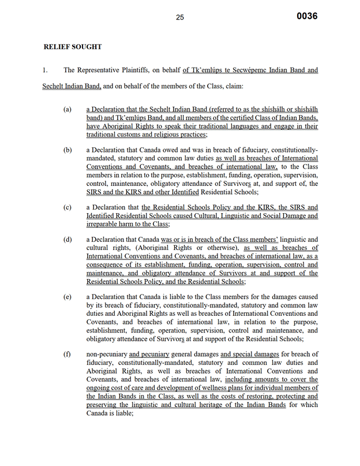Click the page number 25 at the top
pos(179,17)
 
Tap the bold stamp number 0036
pos(307,16)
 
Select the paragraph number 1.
pos(44,70)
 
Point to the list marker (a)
pos(68,109)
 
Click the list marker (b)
pos(68,150)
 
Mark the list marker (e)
pos(68,297)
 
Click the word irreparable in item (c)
pos(104,224)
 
